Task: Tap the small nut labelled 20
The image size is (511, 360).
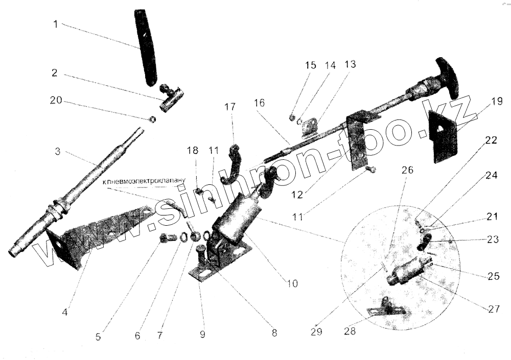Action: coord(152,119)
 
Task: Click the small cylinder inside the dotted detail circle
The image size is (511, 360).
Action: coord(407,269)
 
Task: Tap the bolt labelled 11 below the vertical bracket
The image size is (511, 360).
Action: coord(372,169)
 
